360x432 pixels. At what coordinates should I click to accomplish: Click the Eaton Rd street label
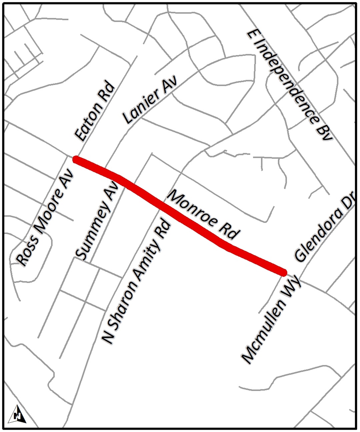point(95,112)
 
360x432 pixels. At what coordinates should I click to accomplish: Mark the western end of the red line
point(76,159)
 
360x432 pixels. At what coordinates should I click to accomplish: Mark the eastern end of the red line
point(284,272)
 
